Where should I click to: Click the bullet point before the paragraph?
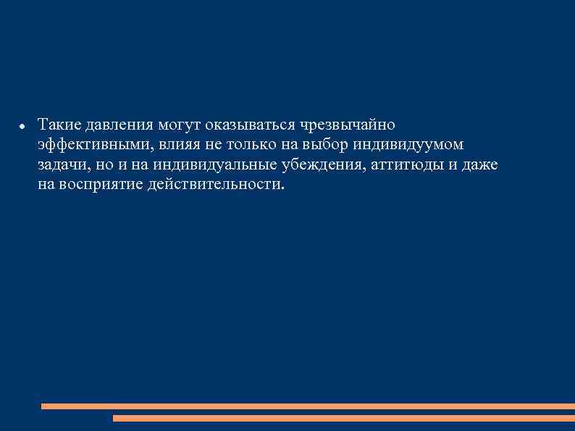(x=23, y=126)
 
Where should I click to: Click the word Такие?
(x=56, y=125)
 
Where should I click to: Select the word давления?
(x=110, y=125)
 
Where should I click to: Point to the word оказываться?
(x=245, y=125)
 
